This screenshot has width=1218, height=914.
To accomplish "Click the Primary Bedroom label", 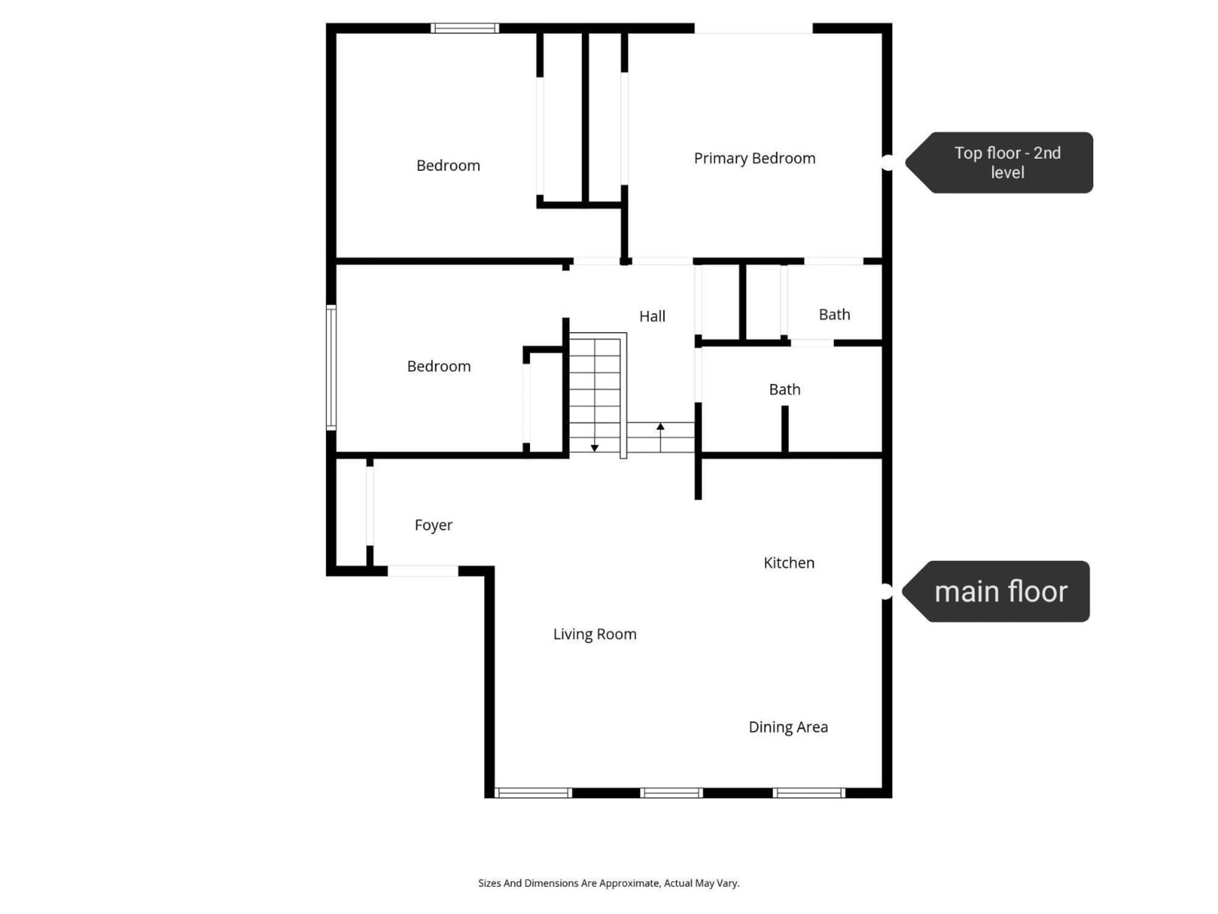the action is [754, 159].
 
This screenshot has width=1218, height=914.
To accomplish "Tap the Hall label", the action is [652, 316].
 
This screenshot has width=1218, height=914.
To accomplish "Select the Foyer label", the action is [433, 525].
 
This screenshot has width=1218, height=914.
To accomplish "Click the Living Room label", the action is [595, 634].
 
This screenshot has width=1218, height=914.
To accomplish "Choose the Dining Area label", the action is [788, 727].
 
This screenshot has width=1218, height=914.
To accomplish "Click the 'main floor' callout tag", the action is [996, 592].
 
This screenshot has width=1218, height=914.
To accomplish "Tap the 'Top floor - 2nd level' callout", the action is [999, 162].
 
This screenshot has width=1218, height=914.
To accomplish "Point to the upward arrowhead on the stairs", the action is [660, 427].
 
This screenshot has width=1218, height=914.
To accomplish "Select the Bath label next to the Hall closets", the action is [834, 315].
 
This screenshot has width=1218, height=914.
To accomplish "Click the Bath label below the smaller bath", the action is [785, 389].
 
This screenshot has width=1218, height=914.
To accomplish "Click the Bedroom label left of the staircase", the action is [439, 366].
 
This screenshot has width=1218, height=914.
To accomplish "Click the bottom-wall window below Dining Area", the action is [809, 793].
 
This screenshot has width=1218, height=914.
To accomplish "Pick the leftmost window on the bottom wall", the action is [533, 793].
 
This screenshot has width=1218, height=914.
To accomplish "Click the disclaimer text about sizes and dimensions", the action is [608, 883].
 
